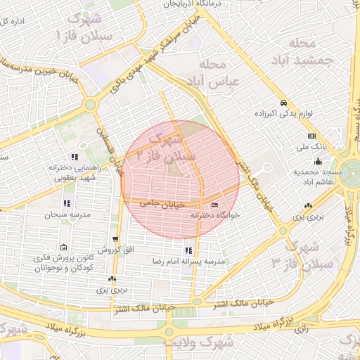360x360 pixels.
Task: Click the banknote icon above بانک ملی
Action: click(x=311, y=136)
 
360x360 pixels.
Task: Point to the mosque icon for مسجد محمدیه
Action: click(x=318, y=161)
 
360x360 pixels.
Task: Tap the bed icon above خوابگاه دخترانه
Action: click(x=214, y=205)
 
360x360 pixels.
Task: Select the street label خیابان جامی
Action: click(x=162, y=202)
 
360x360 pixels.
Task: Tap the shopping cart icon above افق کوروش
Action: click(x=115, y=239)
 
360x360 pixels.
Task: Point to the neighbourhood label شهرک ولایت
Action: click(x=188, y=342)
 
